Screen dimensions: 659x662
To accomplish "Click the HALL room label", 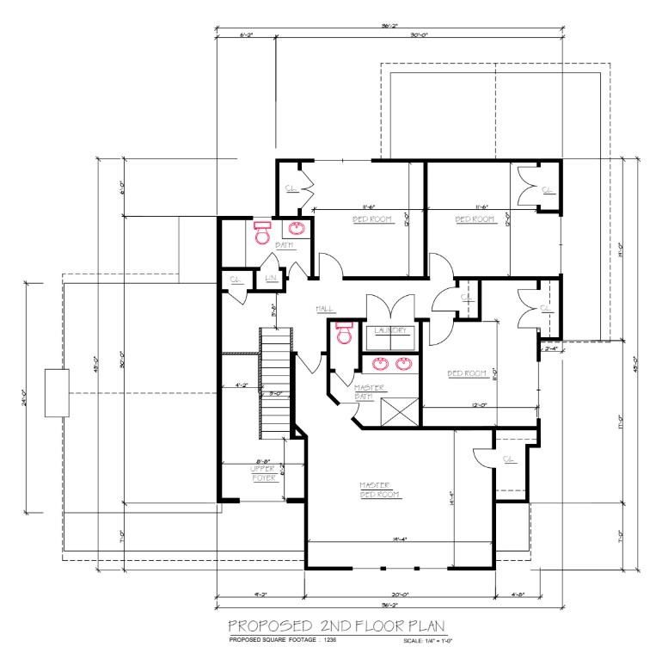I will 325,308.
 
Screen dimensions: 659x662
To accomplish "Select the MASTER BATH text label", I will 368,391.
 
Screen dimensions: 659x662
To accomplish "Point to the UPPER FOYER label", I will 263,472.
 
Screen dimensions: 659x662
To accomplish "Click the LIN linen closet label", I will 270,279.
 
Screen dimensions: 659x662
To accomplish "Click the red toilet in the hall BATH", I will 262,231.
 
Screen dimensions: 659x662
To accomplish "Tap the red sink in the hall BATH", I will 296,229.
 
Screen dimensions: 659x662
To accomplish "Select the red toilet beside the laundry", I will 345,332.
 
